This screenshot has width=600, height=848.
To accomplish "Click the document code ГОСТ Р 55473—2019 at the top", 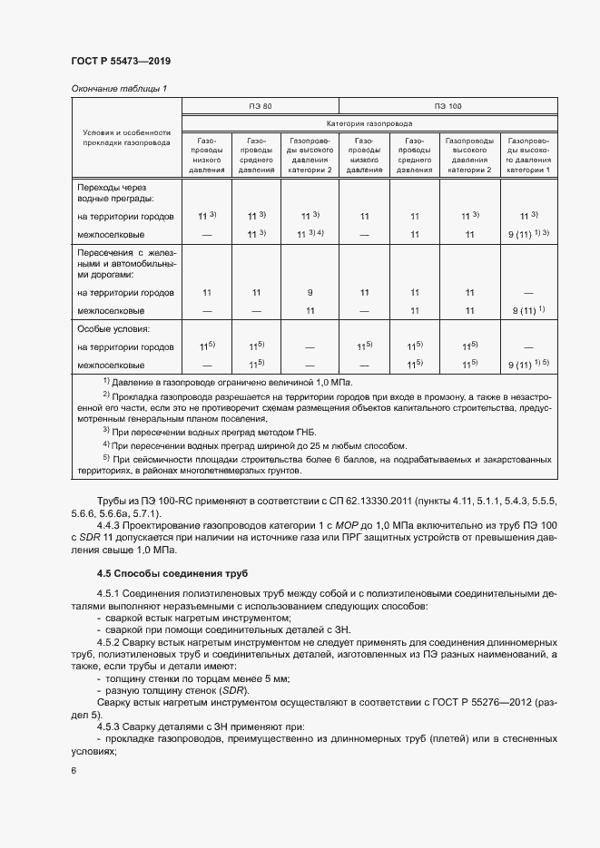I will pos(120,61).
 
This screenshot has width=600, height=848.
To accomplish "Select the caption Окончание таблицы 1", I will pos(118,88).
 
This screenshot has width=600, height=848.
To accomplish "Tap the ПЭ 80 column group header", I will pos(261,106).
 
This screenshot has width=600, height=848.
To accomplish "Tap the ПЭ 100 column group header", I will pos(448,106).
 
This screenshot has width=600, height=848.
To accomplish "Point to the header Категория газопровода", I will pos(369,122).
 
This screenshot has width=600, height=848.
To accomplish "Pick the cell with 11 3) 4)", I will pos(310,234).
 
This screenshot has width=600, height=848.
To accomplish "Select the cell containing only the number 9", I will pos(310,292).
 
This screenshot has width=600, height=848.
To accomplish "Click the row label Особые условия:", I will pos(113,329).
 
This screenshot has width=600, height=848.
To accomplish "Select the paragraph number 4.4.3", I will pos(113,527).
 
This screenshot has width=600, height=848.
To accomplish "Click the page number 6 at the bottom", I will pos(74,770).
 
